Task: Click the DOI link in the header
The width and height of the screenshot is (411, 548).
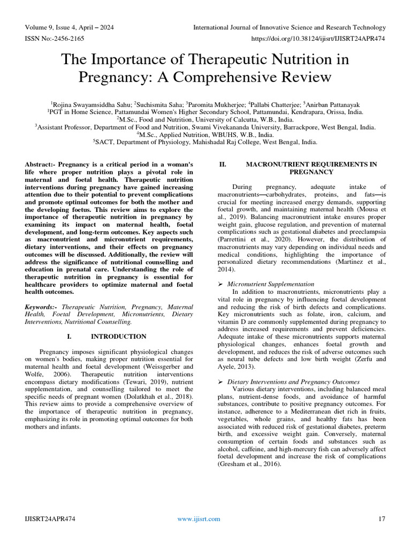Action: coord(318,39)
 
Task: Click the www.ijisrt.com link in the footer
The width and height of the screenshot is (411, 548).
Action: coord(199,519)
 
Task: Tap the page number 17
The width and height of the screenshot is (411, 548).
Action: coord(382,519)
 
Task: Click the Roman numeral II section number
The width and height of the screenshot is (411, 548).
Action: coord(224,164)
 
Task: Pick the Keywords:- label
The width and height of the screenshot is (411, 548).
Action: coord(42,307)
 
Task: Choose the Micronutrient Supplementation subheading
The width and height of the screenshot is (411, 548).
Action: coord(271,284)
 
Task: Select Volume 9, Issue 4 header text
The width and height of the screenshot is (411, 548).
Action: coord(69,27)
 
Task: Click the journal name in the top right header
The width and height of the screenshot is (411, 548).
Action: coord(289,27)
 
